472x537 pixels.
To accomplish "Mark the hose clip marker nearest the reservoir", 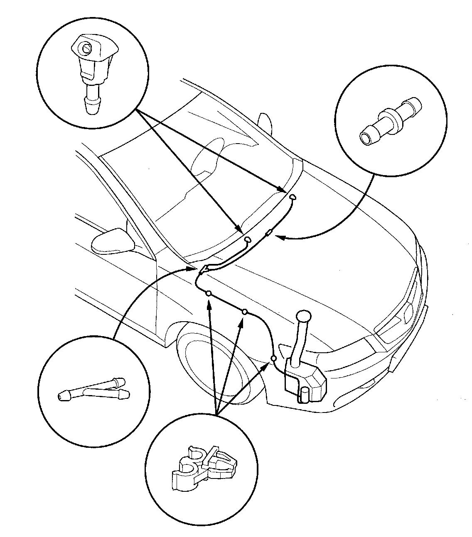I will coord(273,358).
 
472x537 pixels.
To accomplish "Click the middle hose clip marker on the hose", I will coord(245,311).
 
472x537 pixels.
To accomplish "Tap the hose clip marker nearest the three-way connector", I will coord(209,293).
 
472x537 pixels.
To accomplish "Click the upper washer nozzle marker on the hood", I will coord(293,197).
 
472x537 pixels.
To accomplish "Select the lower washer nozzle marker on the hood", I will coord(248,239).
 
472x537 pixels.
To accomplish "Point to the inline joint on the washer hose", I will coord(269,234).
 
